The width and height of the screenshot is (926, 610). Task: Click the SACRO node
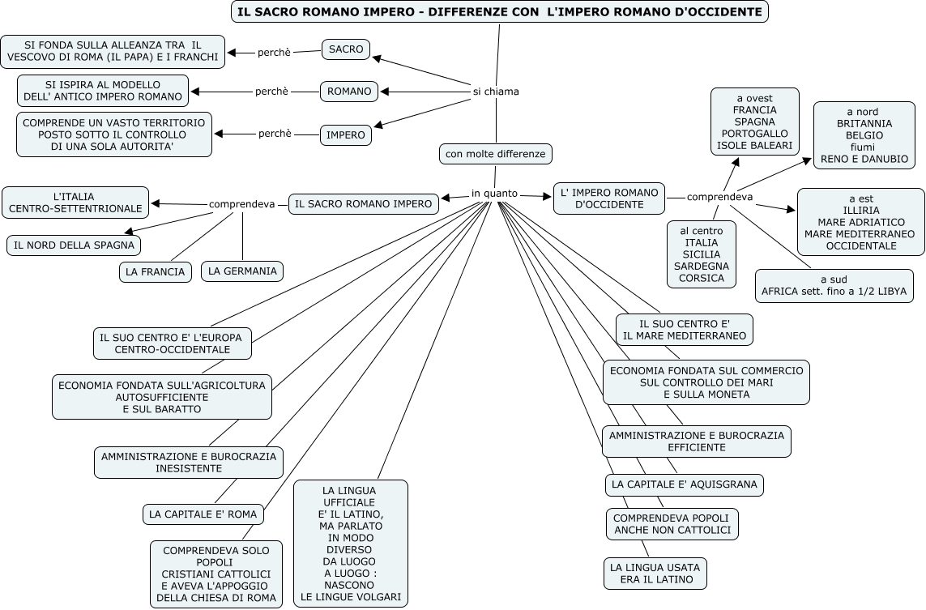(x=346, y=49)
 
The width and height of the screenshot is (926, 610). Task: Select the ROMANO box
(x=350, y=92)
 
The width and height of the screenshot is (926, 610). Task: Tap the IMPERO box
(x=346, y=134)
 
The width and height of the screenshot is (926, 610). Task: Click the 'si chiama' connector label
(x=496, y=92)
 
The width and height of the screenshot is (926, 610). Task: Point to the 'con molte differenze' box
(x=496, y=152)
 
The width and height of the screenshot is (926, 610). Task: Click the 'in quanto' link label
(x=494, y=194)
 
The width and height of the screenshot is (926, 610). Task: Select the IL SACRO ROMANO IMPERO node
(x=363, y=204)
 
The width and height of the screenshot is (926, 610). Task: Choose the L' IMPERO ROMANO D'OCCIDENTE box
(x=609, y=198)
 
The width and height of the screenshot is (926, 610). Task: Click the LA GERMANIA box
(x=242, y=271)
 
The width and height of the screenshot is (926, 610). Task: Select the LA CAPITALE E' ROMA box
(x=203, y=514)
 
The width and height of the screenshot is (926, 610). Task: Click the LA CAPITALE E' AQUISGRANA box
(x=685, y=484)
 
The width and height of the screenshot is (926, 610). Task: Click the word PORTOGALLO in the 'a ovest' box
(x=754, y=133)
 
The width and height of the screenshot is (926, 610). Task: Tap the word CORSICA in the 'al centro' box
(x=702, y=278)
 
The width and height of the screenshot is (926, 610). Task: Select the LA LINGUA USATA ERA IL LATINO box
(x=655, y=573)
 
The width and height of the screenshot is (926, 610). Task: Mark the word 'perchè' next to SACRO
(x=274, y=53)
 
